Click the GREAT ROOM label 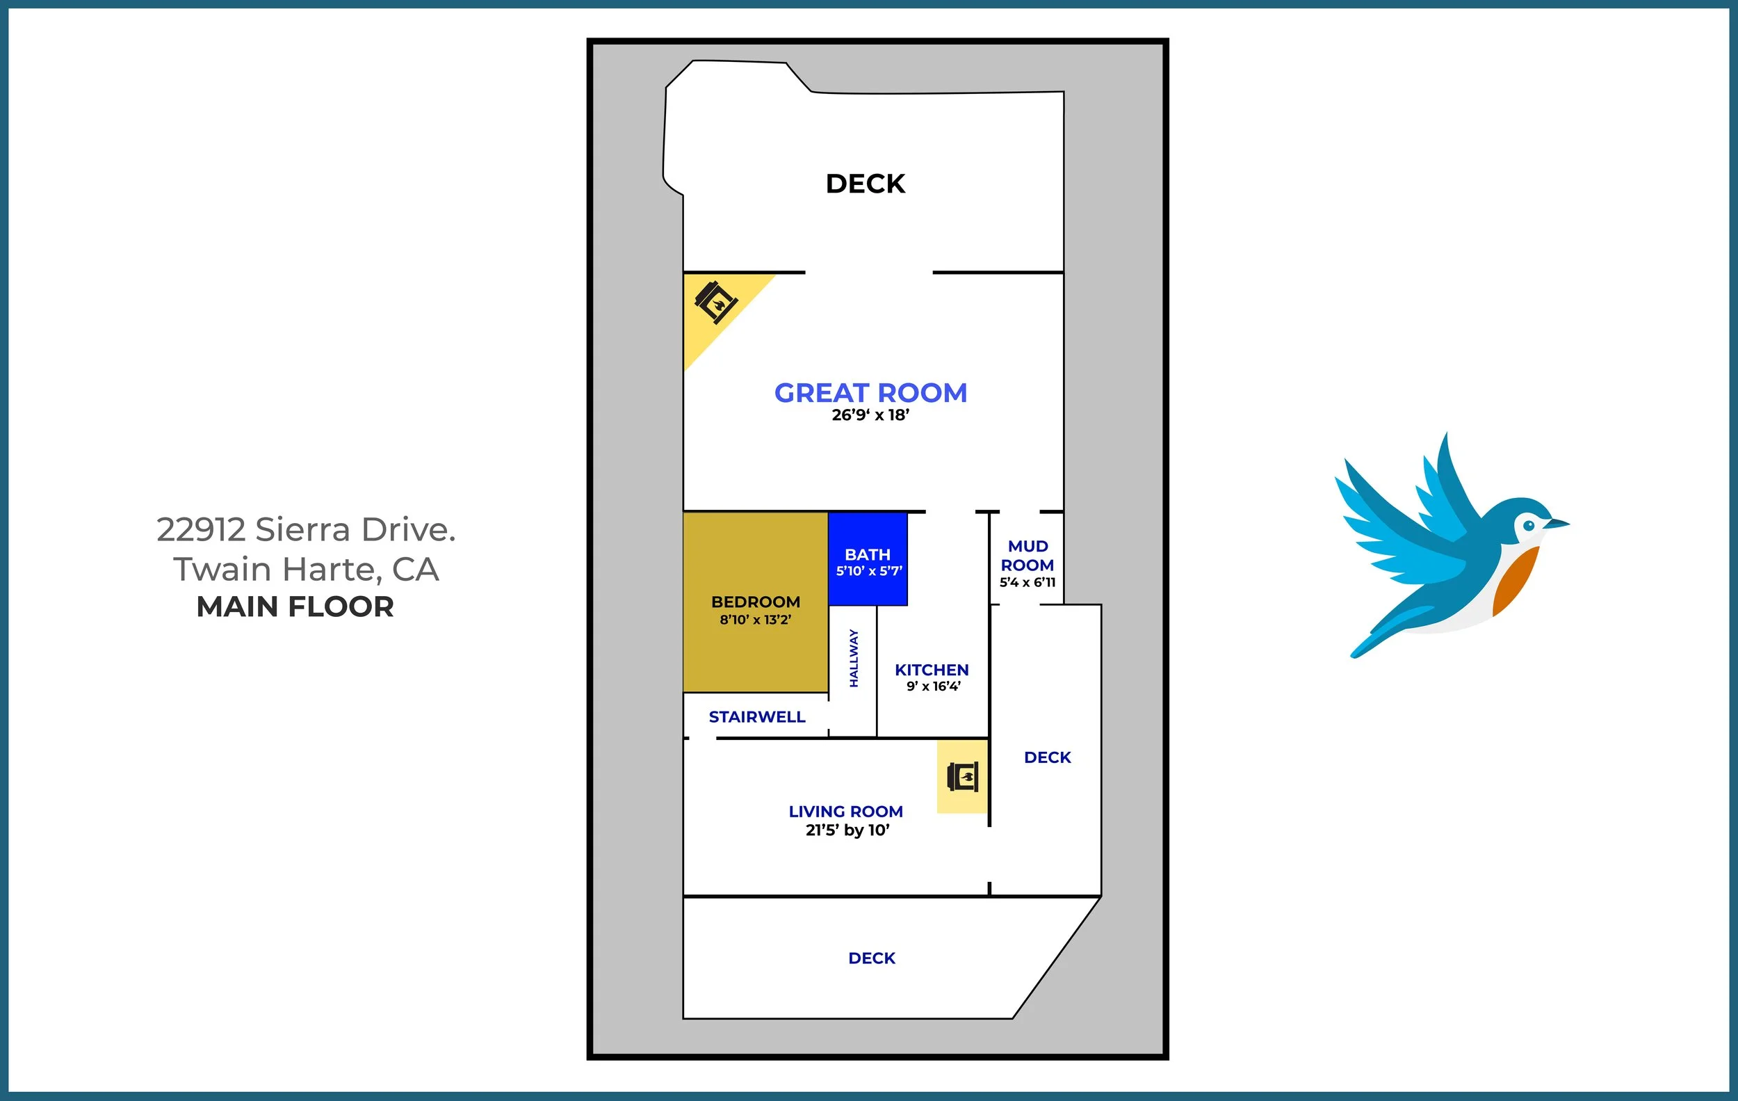[x=870, y=393]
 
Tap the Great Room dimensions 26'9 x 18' [x=870, y=415]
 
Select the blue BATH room [x=868, y=558]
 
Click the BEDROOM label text [x=756, y=602]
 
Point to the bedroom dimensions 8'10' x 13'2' [x=756, y=620]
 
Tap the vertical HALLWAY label [x=854, y=658]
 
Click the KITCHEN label [x=932, y=670]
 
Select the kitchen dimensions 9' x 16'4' [x=933, y=686]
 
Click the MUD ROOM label [x=1028, y=556]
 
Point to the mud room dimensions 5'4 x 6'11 [x=1028, y=583]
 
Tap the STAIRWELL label [x=757, y=717]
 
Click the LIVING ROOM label [x=846, y=812]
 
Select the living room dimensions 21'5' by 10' [x=847, y=830]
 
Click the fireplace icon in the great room [x=715, y=303]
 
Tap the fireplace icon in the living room [x=963, y=777]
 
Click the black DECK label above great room [x=866, y=184]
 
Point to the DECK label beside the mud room [x=1047, y=757]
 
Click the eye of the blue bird [x=1529, y=526]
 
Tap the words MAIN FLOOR [x=295, y=607]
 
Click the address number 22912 [x=202, y=530]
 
